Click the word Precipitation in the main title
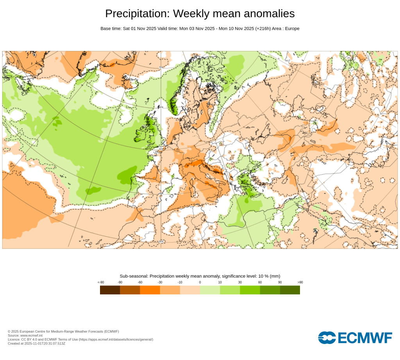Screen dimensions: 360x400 (x=137, y=14)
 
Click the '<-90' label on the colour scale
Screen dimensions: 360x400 (x=101, y=282)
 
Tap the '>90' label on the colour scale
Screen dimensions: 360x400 (x=300, y=282)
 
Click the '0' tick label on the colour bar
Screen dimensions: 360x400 (x=200, y=282)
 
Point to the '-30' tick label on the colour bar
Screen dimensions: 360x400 (x=160, y=282)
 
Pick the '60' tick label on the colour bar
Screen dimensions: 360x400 (x=260, y=282)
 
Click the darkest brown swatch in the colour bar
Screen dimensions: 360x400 (x=110, y=290)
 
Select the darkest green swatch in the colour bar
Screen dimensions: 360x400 (x=290, y=290)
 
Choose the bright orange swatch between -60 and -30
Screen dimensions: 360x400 (x=150, y=290)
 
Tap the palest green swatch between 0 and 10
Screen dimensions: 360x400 (x=210, y=290)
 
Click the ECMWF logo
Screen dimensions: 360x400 (x=355, y=338)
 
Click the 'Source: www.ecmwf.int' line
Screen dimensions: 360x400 (x=25, y=335)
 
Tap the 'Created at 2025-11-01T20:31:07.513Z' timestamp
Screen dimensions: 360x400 (x=36, y=344)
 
